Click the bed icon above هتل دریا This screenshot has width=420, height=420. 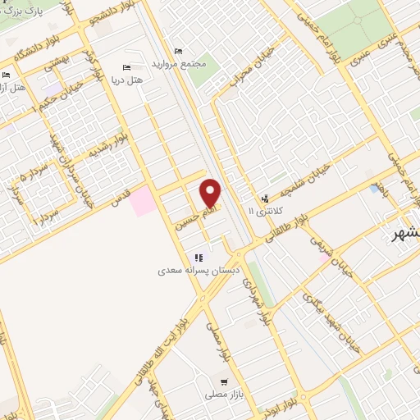pyautogui.click(x=126, y=67)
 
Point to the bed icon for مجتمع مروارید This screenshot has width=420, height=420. pyautogui.click(x=178, y=51)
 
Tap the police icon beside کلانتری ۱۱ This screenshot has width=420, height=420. pyautogui.click(x=264, y=198)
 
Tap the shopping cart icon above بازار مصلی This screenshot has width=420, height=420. pyautogui.click(x=223, y=381)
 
